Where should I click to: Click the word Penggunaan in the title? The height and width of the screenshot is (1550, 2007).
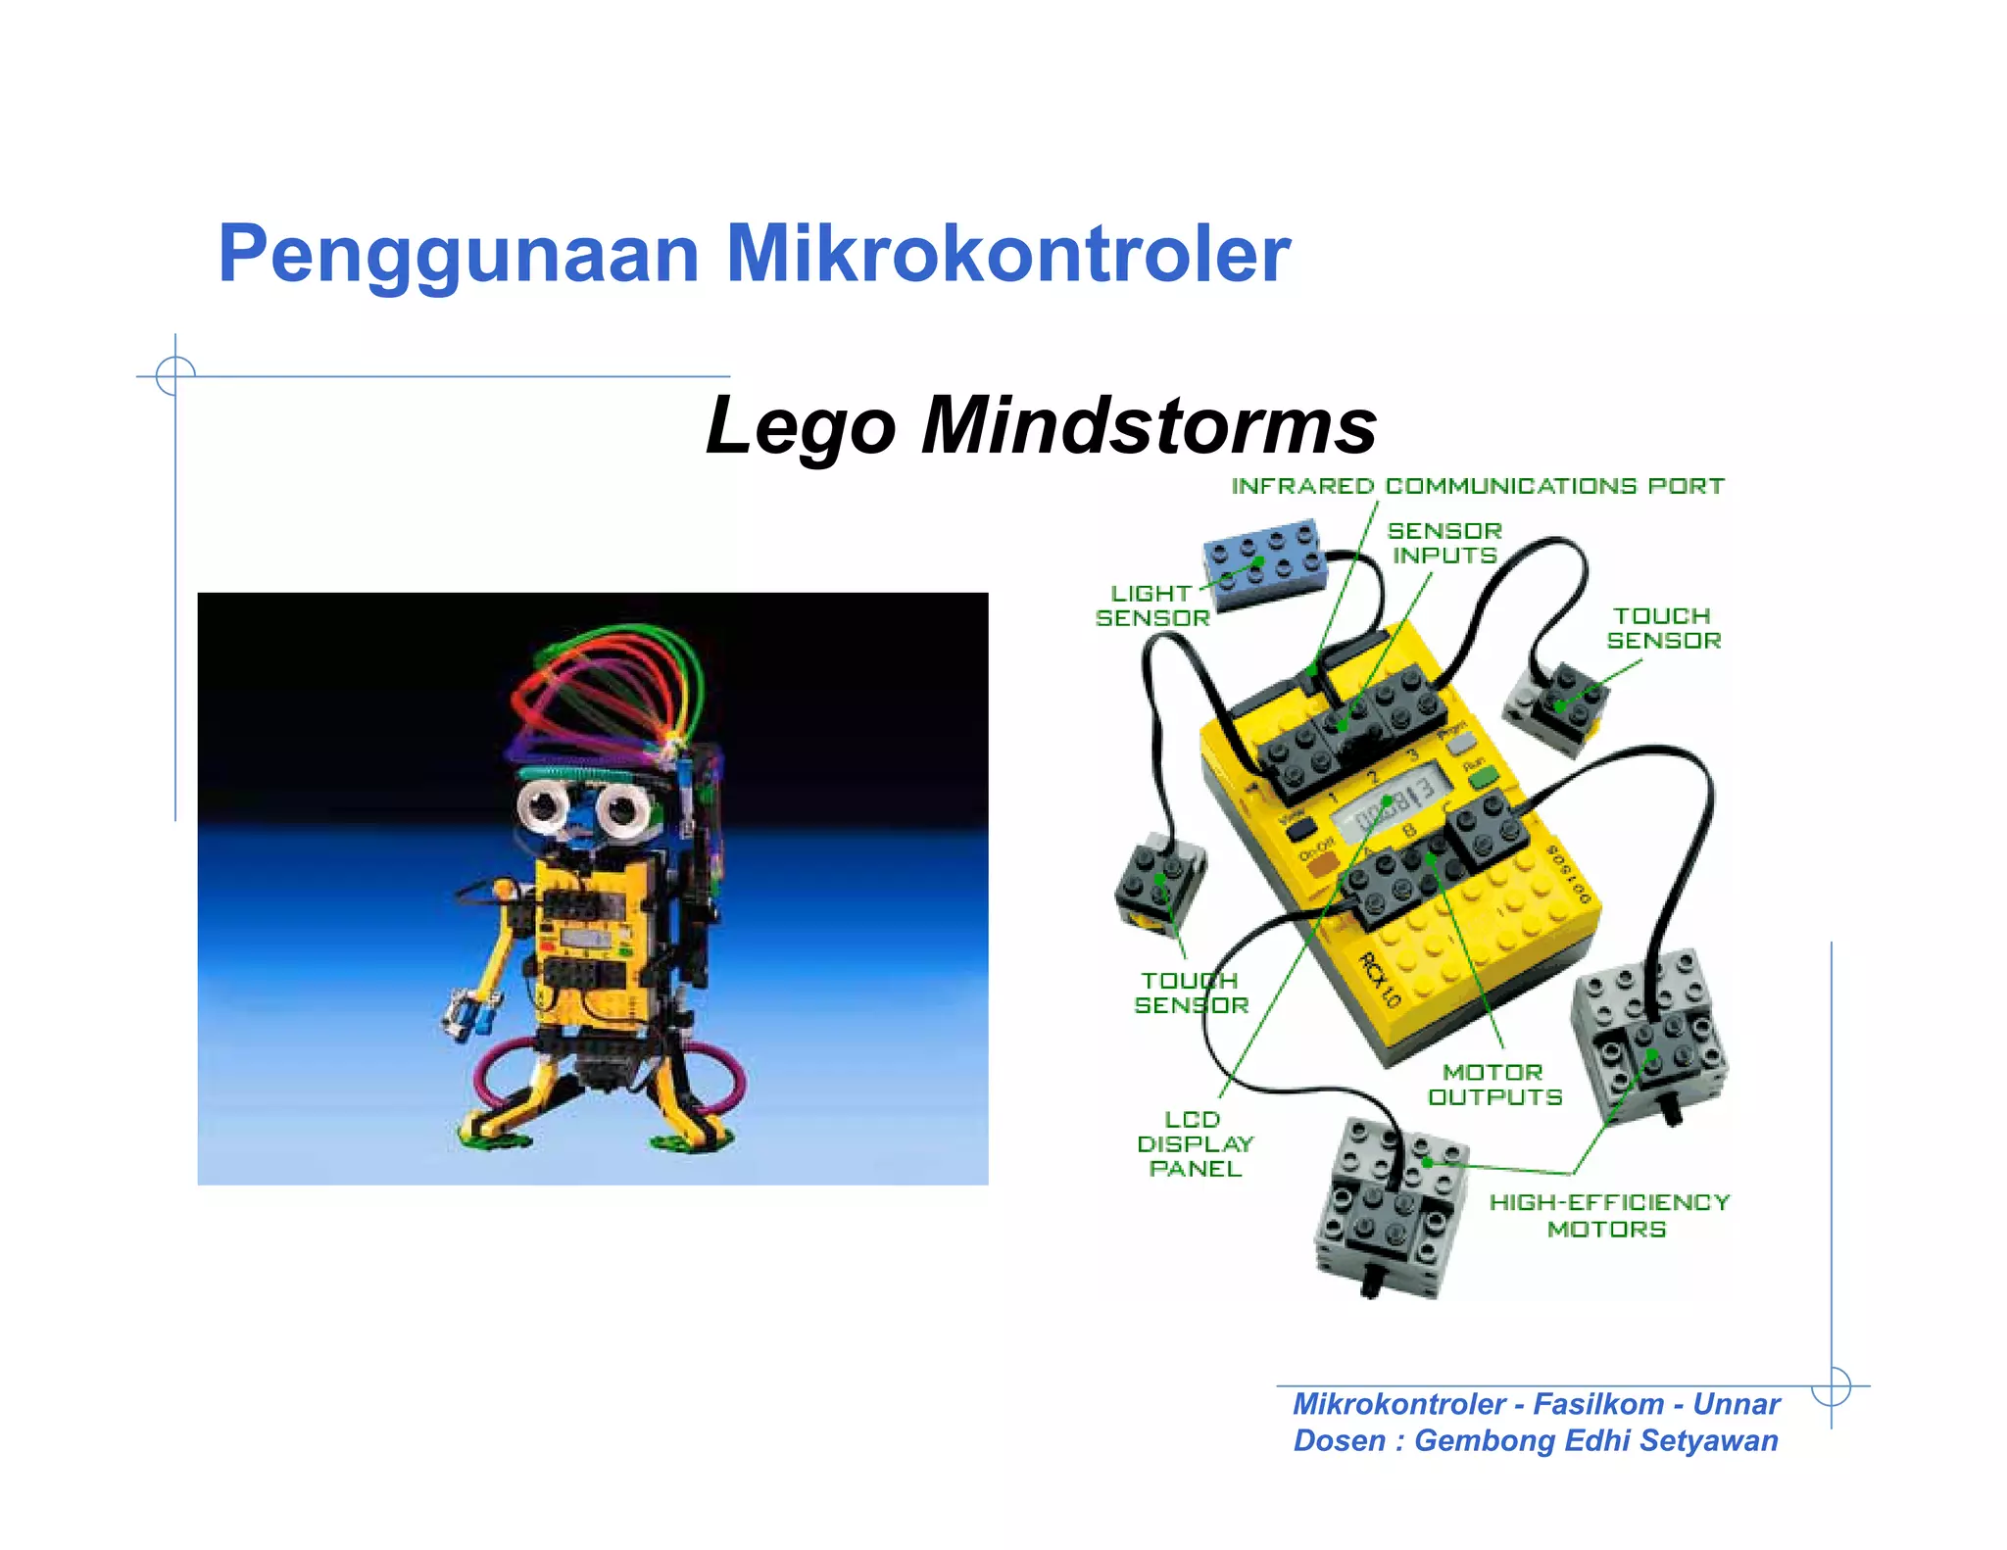458,255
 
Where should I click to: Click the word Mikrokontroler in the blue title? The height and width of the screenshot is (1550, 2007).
1007,255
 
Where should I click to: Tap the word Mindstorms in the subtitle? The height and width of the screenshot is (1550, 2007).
1149,426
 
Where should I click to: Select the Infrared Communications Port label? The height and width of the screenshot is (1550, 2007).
1477,486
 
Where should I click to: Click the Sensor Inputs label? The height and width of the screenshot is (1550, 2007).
1444,543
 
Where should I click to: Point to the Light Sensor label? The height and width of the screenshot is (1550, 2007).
1152,605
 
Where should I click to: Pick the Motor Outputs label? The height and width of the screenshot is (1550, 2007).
1494,1085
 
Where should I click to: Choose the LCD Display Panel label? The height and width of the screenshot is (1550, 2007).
1195,1143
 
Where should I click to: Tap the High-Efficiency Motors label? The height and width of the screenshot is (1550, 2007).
1609,1215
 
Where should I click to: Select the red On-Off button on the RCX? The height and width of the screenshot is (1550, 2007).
1323,865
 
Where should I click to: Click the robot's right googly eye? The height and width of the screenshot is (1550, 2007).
621,809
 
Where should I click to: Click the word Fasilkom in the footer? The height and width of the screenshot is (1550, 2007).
1597,1404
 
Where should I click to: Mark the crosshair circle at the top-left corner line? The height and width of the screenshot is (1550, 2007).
175,375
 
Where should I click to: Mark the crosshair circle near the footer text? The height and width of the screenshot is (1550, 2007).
1831,1386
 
